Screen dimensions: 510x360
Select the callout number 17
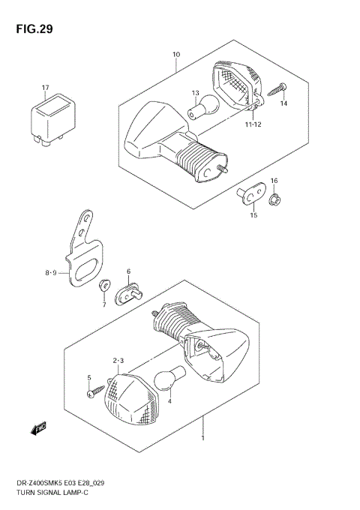tap(45, 88)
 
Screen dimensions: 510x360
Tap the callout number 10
tap(176, 55)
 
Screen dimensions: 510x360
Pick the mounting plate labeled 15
tap(250, 193)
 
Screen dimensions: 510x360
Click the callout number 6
tap(128, 271)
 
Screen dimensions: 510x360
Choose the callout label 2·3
tap(118, 361)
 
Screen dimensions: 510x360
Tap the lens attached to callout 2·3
tap(129, 394)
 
